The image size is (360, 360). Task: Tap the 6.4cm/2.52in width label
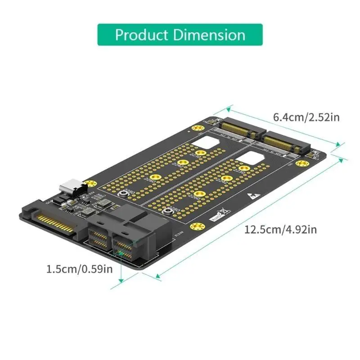click(306, 118)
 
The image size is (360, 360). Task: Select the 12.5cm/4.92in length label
click(280, 230)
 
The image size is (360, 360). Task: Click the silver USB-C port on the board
click(72, 186)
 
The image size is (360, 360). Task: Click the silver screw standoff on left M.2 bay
click(124, 194)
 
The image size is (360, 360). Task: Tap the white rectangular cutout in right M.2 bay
click(253, 157)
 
